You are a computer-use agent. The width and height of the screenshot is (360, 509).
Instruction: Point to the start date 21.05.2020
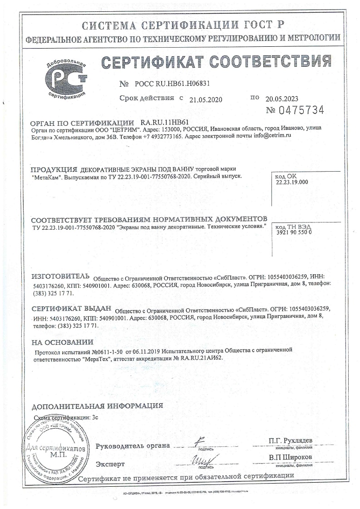point(206,100)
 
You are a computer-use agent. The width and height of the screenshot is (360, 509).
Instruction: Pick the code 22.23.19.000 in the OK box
point(292,182)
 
